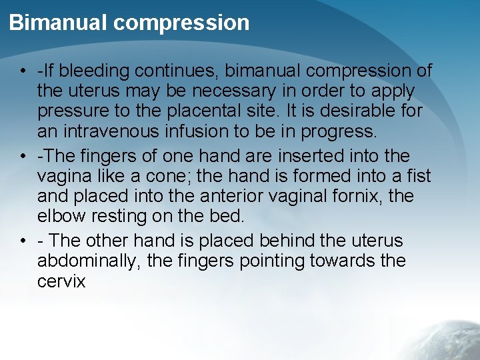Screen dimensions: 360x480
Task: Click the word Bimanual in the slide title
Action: (x=58, y=23)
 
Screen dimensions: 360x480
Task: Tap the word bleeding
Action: (x=101, y=70)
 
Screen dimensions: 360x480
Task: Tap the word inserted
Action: (x=293, y=155)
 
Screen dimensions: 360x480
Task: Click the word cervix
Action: (x=61, y=281)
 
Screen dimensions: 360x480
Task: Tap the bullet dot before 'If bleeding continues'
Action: (x=23, y=71)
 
